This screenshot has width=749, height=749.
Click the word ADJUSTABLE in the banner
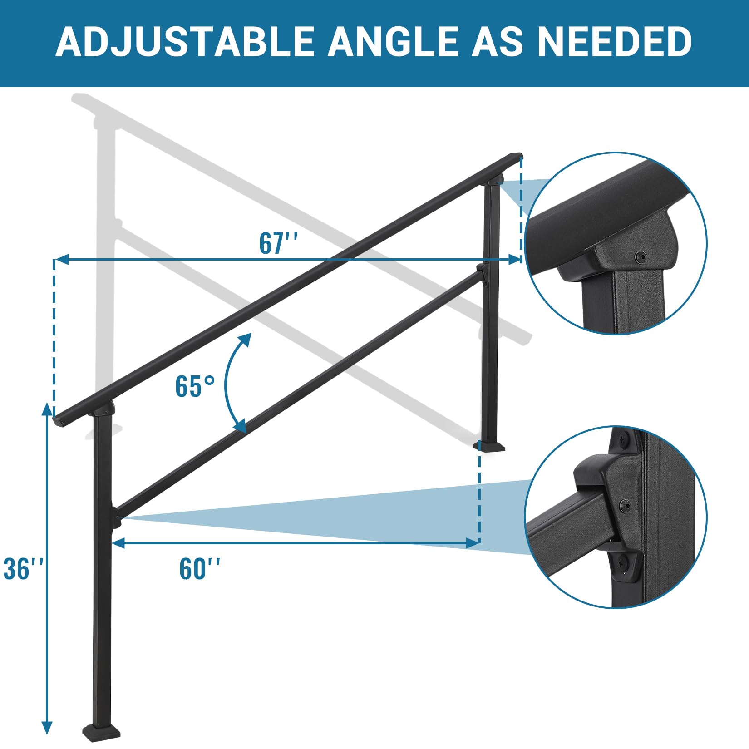(185, 42)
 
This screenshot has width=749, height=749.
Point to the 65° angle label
(195, 387)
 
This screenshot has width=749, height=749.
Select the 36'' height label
(24, 568)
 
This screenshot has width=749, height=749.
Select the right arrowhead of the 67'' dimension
(515, 259)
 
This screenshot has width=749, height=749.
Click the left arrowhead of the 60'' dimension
(118, 542)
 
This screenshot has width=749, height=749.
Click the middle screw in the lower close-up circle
(626, 505)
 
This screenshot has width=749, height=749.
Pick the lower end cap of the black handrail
(59, 421)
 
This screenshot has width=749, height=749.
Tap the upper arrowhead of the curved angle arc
(245, 339)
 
